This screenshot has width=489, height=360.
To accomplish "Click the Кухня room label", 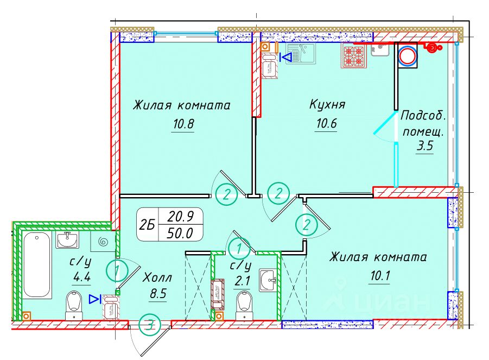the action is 327,104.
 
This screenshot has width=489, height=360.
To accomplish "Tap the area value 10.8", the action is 183,124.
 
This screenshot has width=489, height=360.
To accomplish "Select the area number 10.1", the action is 380,276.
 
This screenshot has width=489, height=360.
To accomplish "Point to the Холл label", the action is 157,277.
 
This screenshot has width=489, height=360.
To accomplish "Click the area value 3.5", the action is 425,146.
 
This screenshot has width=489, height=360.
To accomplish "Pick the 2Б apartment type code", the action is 147,224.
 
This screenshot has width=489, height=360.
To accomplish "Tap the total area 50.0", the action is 180,233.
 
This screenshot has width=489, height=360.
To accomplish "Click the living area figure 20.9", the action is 181,216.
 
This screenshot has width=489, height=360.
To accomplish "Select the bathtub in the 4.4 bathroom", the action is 37,265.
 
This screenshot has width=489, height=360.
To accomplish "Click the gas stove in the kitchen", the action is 354,55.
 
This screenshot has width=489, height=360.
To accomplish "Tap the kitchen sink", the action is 301,53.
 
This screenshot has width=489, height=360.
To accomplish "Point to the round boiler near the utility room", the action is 408,55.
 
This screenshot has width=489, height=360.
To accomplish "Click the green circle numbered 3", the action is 150,325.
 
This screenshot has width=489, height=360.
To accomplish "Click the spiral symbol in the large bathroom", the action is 102,241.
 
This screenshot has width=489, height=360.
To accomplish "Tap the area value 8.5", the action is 158,294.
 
